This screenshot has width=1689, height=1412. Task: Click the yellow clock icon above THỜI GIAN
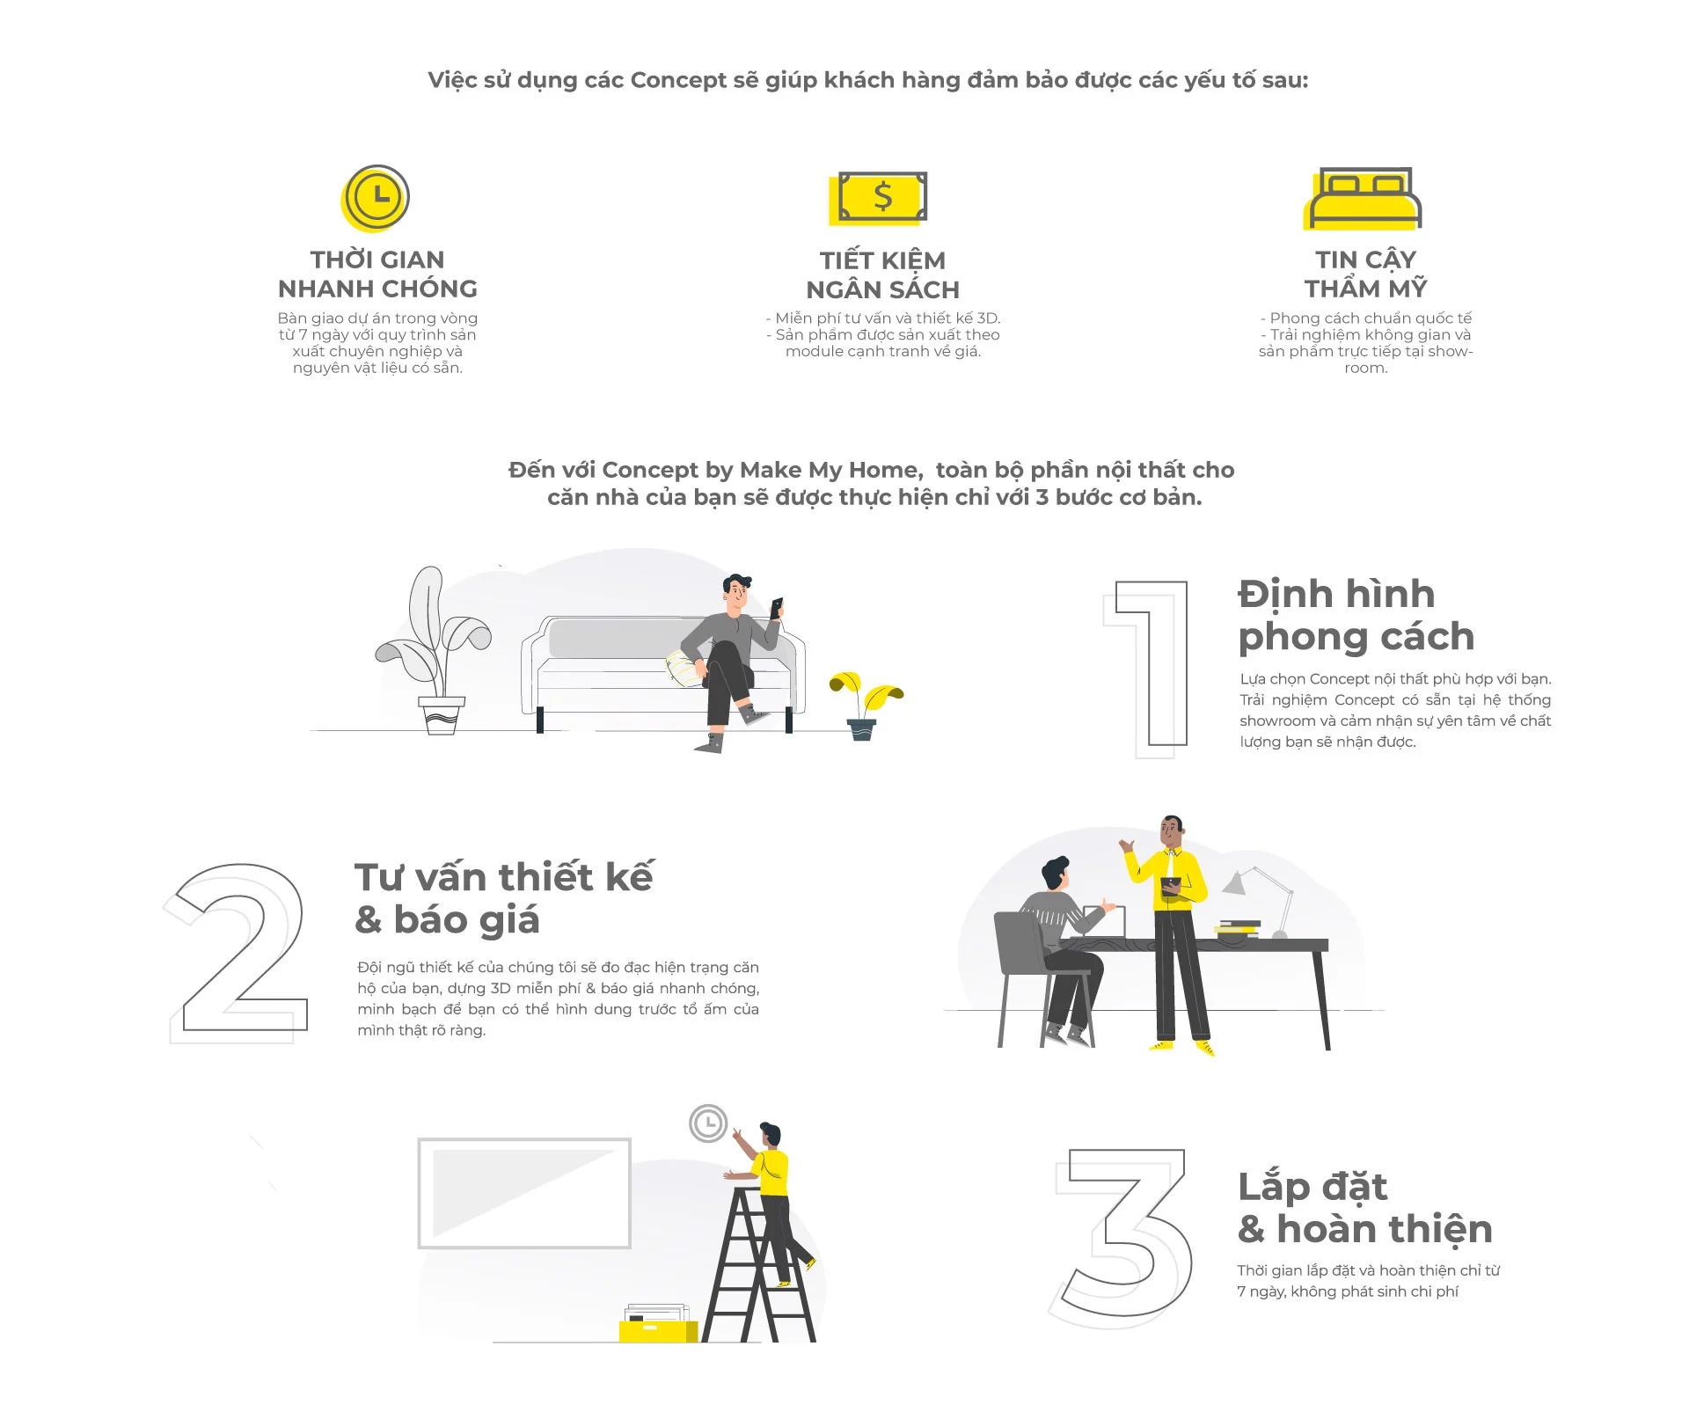coord(376,198)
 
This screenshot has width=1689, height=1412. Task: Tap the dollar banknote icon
coord(879,198)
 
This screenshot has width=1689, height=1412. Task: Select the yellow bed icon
coord(1363,199)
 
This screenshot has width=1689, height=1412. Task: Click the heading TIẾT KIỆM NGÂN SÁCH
coord(882,274)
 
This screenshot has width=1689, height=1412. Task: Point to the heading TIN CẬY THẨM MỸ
coord(1365,274)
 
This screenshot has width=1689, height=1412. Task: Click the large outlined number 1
coord(1146,669)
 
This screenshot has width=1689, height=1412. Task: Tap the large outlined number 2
coord(236,954)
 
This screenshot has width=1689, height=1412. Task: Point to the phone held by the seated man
coord(777,607)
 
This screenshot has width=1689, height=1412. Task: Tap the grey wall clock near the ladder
coord(708,1123)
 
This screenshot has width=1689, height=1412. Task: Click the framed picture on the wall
coord(524,1193)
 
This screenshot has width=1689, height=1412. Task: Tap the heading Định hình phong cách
coord(1356,615)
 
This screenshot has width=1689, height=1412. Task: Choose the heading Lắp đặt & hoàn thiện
coord(1364,1207)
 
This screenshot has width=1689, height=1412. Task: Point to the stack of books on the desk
coord(1238,929)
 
